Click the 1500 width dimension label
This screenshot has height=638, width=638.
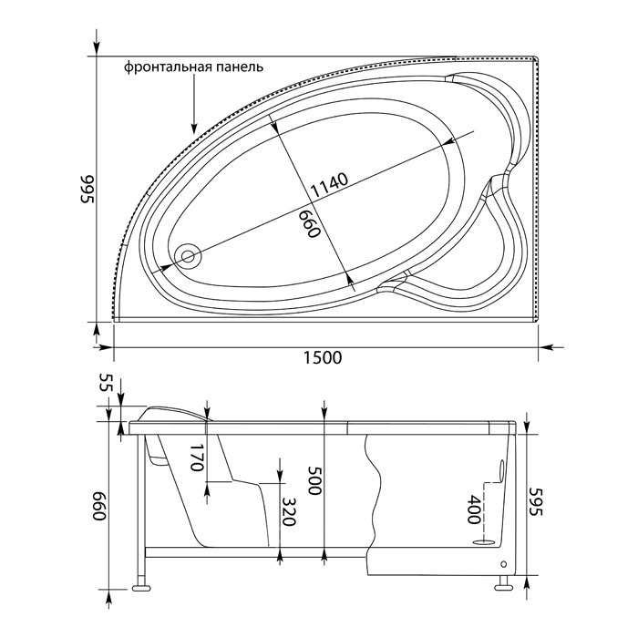(x=323, y=357)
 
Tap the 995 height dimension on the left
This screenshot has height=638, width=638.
(x=87, y=189)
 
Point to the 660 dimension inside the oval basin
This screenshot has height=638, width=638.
(x=311, y=224)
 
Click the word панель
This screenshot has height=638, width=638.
(x=240, y=67)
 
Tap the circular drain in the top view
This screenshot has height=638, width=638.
(x=188, y=256)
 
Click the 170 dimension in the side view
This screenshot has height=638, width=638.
(x=196, y=458)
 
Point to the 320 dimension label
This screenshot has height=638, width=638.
(x=288, y=511)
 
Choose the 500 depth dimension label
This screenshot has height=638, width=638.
(x=314, y=479)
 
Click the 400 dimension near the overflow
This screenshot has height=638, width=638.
(x=473, y=509)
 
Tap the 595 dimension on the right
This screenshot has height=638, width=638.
(x=537, y=501)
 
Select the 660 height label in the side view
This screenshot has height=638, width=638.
(x=99, y=506)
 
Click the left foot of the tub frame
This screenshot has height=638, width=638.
(x=141, y=588)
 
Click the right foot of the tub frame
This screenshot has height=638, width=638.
(x=504, y=587)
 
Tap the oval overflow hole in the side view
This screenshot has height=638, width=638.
(x=501, y=471)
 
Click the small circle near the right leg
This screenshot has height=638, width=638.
(x=504, y=564)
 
